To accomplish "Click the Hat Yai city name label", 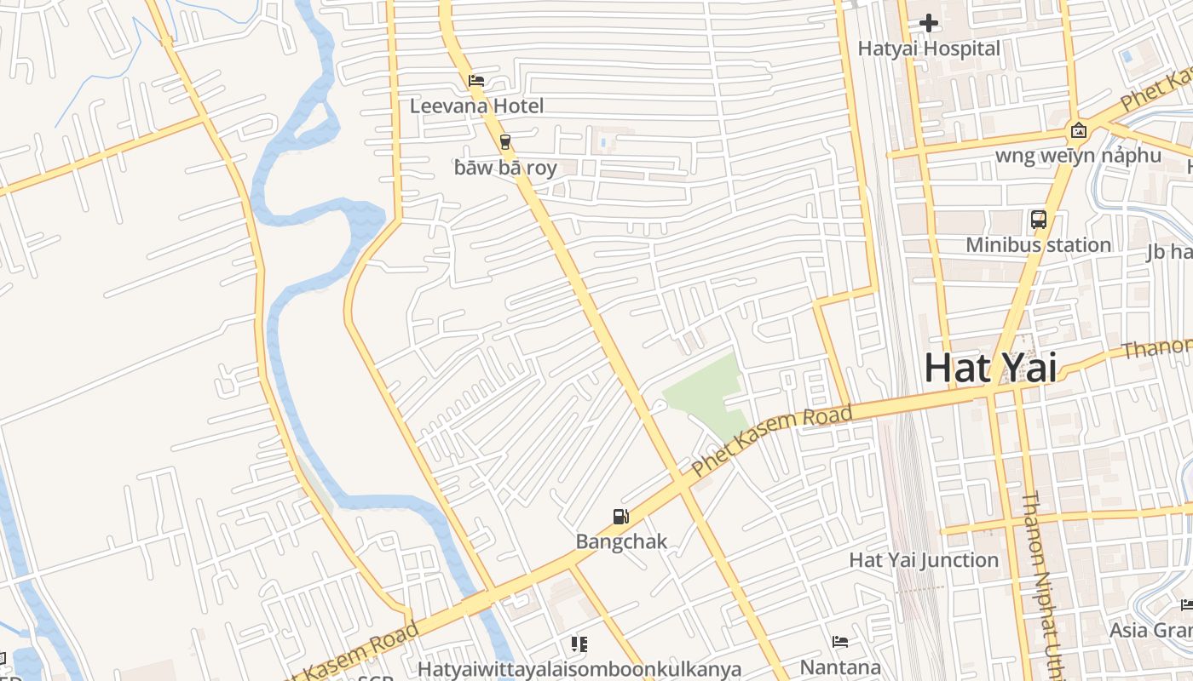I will pyautogui.click(x=990, y=369).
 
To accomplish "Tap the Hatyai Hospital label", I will pyautogui.click(x=929, y=49).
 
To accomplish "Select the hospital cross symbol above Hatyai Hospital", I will pyautogui.click(x=929, y=23).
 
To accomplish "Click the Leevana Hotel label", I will pyautogui.click(x=476, y=106).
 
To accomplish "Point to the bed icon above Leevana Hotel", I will pyautogui.click(x=476, y=82).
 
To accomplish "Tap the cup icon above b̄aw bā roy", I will pyautogui.click(x=505, y=141).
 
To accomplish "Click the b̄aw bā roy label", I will pyautogui.click(x=505, y=168).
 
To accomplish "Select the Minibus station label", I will pyautogui.click(x=1038, y=245).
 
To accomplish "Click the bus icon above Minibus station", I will pyautogui.click(x=1038, y=220).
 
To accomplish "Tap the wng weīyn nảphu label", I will pyautogui.click(x=1078, y=156).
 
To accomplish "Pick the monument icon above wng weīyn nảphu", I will pyautogui.click(x=1078, y=130).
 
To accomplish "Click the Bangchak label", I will pyautogui.click(x=621, y=541).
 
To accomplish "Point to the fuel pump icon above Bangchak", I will pyautogui.click(x=621, y=516).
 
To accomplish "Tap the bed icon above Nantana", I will pyautogui.click(x=840, y=641).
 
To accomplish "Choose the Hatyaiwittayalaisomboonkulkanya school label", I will pyautogui.click(x=579, y=669).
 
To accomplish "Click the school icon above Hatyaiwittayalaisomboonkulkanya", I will pyautogui.click(x=579, y=644).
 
